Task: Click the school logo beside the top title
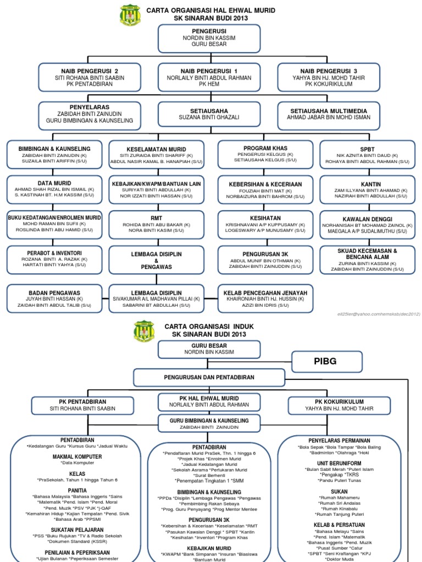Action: click(130, 15)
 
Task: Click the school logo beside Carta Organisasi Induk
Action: click(145, 331)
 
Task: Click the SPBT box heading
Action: click(367, 149)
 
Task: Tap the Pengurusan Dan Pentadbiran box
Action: click(209, 378)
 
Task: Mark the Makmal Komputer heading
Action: click(77, 457)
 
